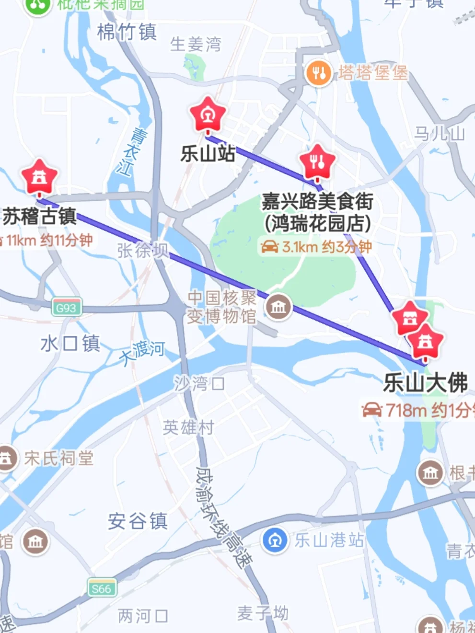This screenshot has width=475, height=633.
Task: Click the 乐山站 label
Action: [208, 153]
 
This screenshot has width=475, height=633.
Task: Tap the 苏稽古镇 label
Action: [39, 216]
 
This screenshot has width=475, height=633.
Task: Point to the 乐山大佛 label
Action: [425, 383]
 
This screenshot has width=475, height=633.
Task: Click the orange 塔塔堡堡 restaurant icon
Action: [318, 73]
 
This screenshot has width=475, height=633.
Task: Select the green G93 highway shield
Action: [67, 308]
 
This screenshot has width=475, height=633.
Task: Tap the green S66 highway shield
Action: [102, 588]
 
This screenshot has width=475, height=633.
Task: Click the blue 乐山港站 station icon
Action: [275, 540]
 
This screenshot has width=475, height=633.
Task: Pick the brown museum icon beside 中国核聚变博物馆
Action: [278, 307]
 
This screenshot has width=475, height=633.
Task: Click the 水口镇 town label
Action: [70, 344]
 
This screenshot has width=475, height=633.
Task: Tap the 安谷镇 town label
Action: [138, 521]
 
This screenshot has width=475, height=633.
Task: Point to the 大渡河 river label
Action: [142, 353]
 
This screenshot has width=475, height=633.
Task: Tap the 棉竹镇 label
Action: [127, 33]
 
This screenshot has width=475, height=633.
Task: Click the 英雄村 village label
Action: [188, 427]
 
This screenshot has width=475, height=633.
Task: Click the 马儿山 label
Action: [440, 133]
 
